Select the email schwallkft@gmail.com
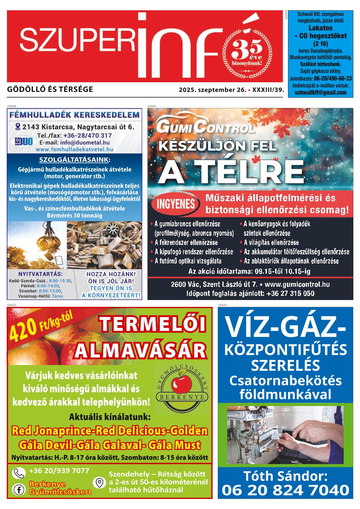coord(320,93)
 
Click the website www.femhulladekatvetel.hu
coord(74,149)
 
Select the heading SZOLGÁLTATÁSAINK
coord(74,159)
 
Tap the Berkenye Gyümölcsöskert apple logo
coord(181,388)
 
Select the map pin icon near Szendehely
coord(99,483)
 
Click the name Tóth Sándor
coord(285,476)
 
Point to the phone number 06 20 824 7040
coord(285,490)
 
